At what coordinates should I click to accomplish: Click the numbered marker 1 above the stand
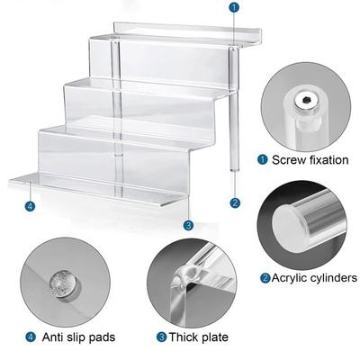pos(234,7)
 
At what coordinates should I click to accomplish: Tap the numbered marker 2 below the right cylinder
pos(235,202)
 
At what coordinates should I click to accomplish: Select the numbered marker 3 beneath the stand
pos(188,225)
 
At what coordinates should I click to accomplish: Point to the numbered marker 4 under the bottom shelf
pos(30,206)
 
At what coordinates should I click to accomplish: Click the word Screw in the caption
pos(289,160)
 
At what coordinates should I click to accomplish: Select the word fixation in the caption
pos(329,160)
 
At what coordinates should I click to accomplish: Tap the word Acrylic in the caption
pos(289,278)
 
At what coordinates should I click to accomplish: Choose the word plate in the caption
pos(214,337)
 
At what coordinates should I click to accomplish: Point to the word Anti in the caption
pos(52,337)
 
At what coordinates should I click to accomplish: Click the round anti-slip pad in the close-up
pos(62,284)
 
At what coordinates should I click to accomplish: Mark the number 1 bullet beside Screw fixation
pos(263,159)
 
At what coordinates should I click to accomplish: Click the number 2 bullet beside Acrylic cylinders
pos(265,278)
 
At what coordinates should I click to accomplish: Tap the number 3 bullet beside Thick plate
pos(161,337)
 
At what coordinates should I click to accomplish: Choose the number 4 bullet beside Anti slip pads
pos(31,337)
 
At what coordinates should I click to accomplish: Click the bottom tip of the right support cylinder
pos(234,171)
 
